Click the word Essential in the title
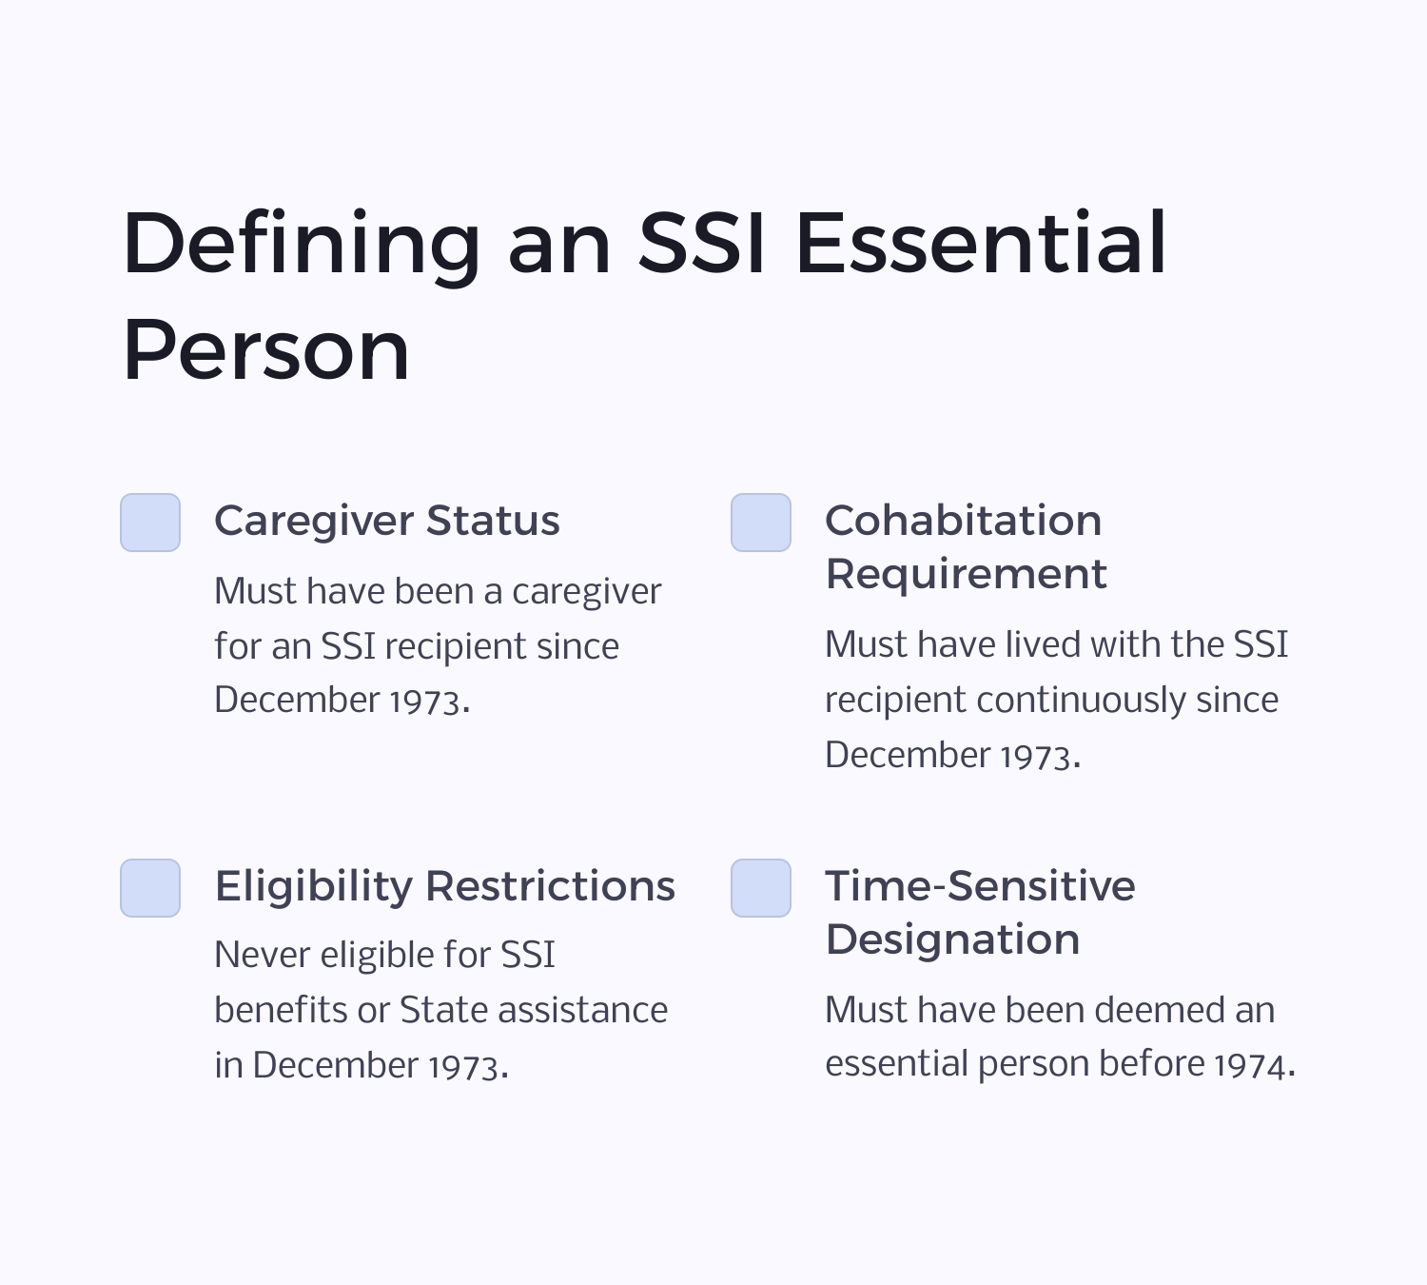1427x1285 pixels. click(980, 244)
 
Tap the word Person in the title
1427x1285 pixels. click(266, 351)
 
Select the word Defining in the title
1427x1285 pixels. click(302, 244)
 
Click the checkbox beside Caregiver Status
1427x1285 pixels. click(150, 523)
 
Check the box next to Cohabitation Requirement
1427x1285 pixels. click(761, 523)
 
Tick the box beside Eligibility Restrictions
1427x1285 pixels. click(150, 888)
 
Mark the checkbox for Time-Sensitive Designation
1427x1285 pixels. click(761, 888)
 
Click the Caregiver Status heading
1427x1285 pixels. click(386, 521)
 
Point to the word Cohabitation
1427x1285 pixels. click(963, 521)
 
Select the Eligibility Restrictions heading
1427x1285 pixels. click(444, 886)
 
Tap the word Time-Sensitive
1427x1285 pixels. click(980, 886)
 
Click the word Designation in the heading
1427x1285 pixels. click(952, 939)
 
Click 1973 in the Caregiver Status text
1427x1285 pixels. click(425, 702)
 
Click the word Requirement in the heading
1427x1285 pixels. click(966, 574)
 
